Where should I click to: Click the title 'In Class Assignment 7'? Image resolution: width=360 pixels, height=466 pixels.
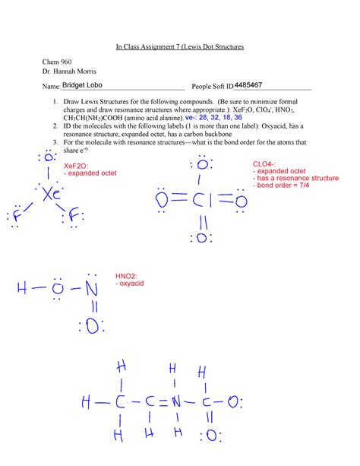pos(179,47)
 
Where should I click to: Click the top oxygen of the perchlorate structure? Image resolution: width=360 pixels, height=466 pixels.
pos(202,164)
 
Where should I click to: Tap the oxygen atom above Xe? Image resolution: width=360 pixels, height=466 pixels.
pos(47,160)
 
